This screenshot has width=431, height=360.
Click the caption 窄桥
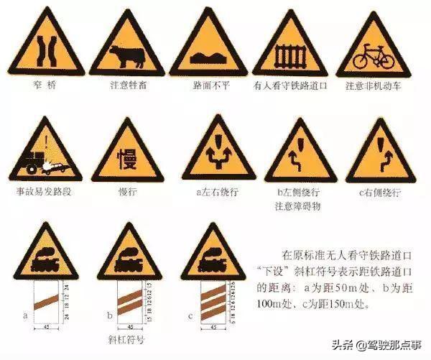pyautogui.click(x=45, y=86)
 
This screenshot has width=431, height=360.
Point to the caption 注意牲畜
pyautogui.click(x=126, y=86)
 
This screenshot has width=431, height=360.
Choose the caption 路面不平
pyautogui.click(x=208, y=86)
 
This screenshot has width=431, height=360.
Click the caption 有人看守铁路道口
pyautogui.click(x=290, y=86)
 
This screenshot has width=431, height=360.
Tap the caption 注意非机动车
pyautogui.click(x=374, y=86)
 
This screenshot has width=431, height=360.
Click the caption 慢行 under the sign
pyautogui.click(x=126, y=193)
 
